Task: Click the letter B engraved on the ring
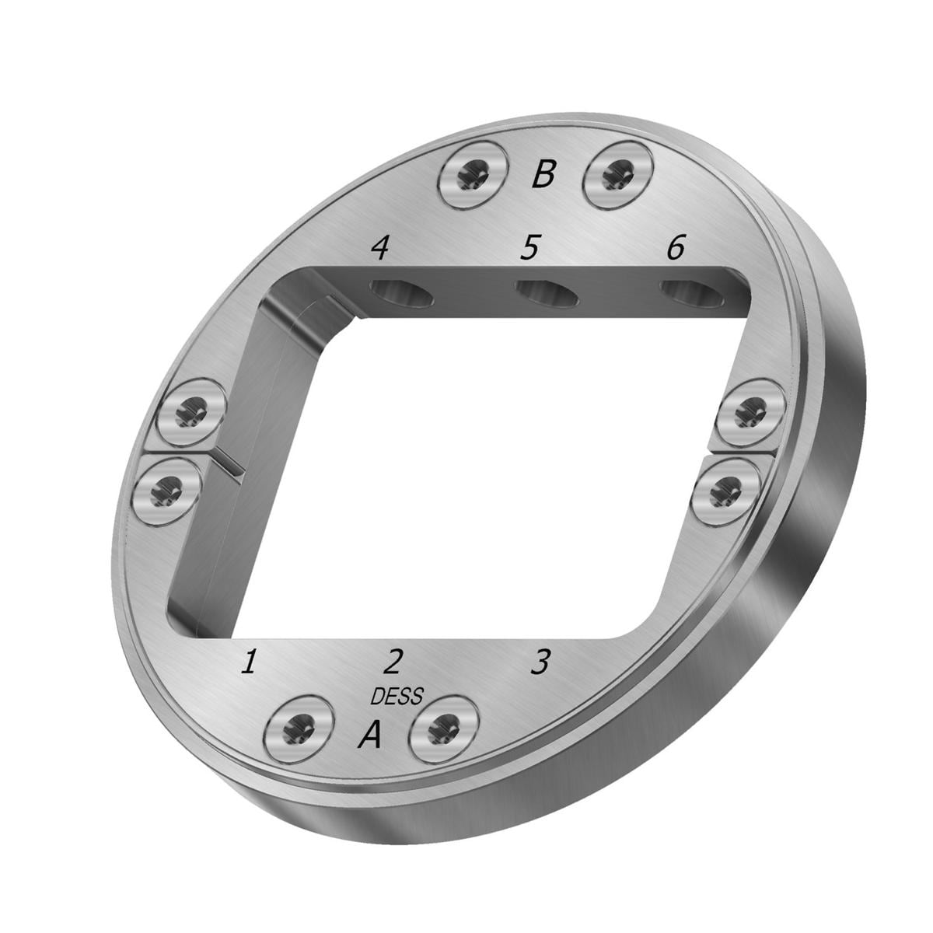click(x=543, y=174)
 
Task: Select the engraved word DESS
click(x=397, y=695)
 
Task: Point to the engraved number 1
click(x=249, y=662)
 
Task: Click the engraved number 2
click(x=393, y=662)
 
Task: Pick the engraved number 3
click(x=539, y=662)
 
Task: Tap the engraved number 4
click(x=380, y=248)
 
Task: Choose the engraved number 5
click(x=529, y=248)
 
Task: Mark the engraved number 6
click(x=675, y=248)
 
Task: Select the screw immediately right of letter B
click(x=617, y=175)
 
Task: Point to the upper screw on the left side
click(x=191, y=412)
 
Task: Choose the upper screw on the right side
click(x=750, y=411)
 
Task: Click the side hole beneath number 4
click(x=400, y=295)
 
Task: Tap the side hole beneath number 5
click(x=547, y=294)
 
